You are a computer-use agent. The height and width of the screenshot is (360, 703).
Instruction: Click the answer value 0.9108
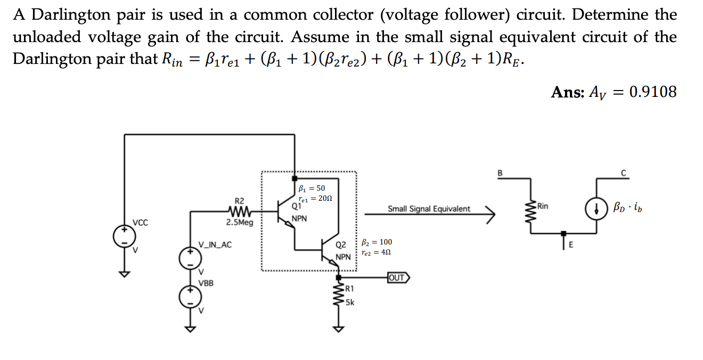point(652,92)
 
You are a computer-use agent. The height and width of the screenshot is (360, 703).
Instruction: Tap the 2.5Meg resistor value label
point(239,222)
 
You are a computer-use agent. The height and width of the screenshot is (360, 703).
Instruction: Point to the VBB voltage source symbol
point(190,296)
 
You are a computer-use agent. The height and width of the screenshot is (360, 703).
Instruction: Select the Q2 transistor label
point(341,246)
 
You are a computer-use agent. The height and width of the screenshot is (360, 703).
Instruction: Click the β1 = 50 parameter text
point(312,188)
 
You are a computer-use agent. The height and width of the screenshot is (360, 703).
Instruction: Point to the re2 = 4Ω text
point(376,252)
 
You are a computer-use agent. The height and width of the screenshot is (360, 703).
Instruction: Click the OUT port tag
point(398,277)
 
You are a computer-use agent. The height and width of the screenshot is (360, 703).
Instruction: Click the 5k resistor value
point(350,302)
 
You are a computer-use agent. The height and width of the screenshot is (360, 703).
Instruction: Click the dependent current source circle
point(595,207)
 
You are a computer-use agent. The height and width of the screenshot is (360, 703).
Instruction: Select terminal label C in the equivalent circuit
point(623,172)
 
